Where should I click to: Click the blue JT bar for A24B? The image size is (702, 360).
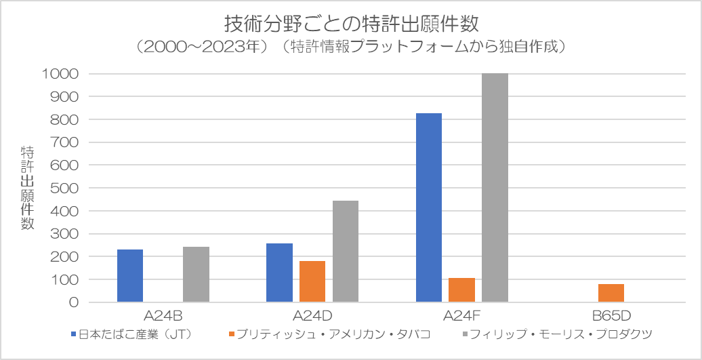(x=130, y=276)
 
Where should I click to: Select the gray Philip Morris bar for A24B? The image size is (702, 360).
(x=196, y=275)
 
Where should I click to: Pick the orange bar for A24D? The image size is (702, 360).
(x=312, y=281)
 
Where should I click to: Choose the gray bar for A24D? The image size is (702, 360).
(x=346, y=252)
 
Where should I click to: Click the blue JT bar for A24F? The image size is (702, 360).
(x=429, y=207)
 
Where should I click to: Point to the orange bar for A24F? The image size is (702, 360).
(x=461, y=290)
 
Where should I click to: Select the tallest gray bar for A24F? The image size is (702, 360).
(x=495, y=188)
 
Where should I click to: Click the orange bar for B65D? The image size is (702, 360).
(x=611, y=293)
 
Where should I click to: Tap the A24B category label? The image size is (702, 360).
(x=163, y=315)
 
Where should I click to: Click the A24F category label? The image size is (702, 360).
(x=461, y=315)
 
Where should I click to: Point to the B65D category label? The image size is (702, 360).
(x=611, y=315)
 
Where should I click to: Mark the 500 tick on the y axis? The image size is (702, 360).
(x=66, y=188)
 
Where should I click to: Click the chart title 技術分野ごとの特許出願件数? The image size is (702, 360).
(x=351, y=24)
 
